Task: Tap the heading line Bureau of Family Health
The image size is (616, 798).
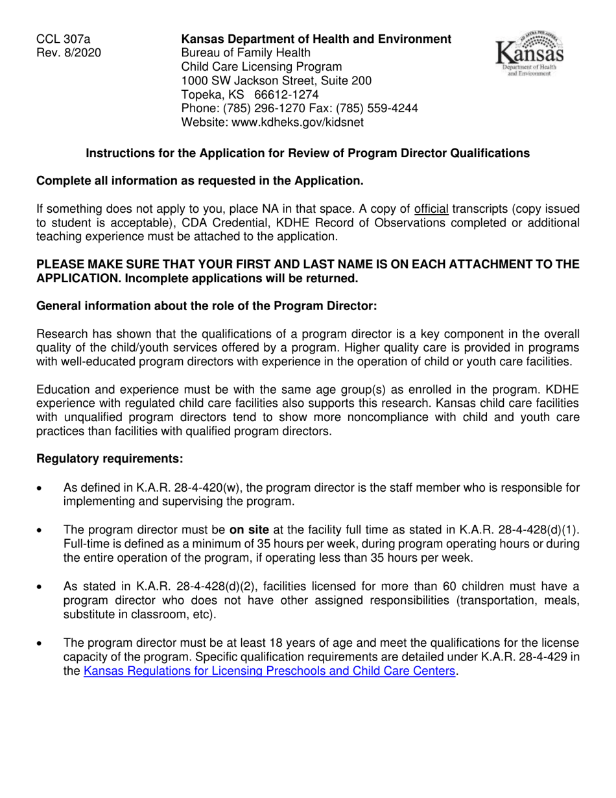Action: [x=246, y=53]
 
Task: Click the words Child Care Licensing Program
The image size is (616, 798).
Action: [x=261, y=67]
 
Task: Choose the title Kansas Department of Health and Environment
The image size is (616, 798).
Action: [x=316, y=39]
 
